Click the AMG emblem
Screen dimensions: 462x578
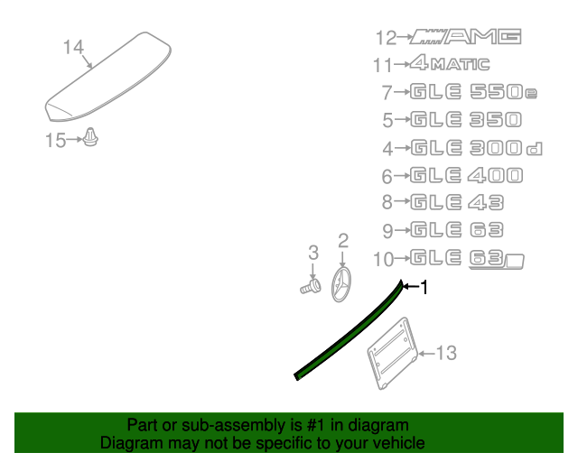[x=466, y=36]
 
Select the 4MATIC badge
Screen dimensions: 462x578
[x=449, y=64]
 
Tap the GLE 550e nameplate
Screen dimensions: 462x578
[x=470, y=92]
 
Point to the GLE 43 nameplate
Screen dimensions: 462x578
[x=457, y=203]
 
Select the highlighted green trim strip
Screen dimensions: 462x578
[x=348, y=334]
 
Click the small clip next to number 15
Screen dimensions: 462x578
[x=91, y=139]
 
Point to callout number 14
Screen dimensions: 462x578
[x=73, y=47]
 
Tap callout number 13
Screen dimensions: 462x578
[x=447, y=353]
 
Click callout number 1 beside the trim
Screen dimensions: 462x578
[x=424, y=287]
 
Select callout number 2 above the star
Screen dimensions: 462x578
[x=343, y=240]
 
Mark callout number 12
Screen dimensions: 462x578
[x=386, y=37]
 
